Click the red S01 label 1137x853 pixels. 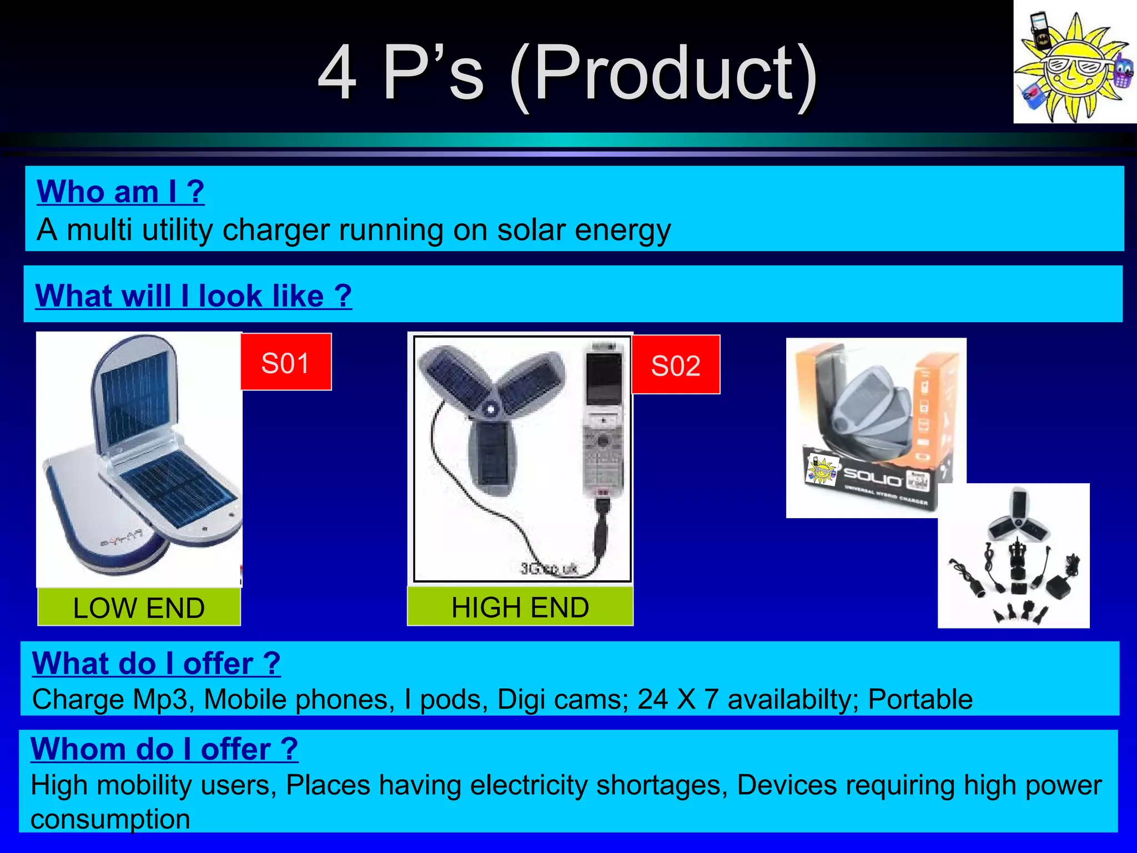coord(285,362)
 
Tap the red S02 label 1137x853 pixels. coord(676,365)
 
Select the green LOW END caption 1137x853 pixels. coord(139,607)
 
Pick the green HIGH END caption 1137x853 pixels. coord(520,606)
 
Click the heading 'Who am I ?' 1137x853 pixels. coord(120,192)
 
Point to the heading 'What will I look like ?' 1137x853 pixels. coord(193,295)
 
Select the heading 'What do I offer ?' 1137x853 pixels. coord(156,663)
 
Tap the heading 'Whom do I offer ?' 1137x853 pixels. coord(164,749)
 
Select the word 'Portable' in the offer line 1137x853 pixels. coord(920,699)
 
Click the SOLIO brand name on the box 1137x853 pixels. coord(872,477)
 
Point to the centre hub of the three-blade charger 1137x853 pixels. coord(490,409)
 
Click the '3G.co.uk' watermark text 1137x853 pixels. coord(549,568)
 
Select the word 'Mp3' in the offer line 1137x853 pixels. coord(163,699)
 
